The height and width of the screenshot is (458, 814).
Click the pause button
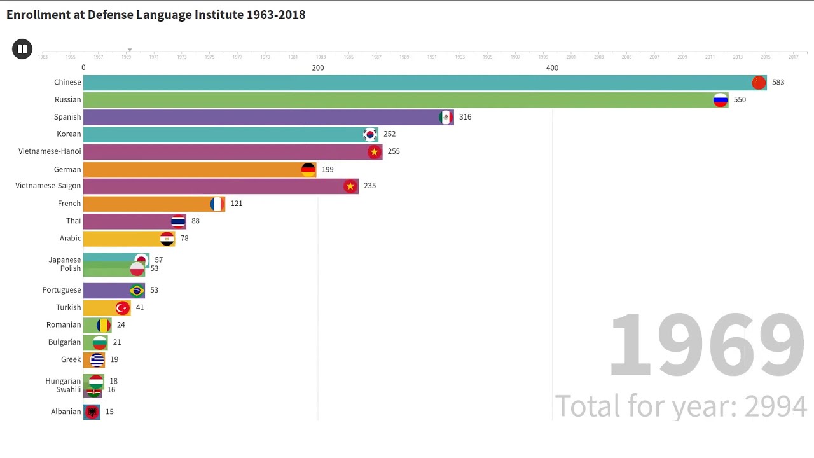pyautogui.click(x=22, y=49)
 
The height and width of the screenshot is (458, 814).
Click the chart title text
pyautogui.click(x=156, y=15)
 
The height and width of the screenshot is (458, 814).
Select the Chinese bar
pyautogui.click(x=413, y=83)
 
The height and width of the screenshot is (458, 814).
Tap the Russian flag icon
pyautogui.click(x=720, y=100)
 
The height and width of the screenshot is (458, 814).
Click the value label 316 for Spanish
pyautogui.click(x=465, y=117)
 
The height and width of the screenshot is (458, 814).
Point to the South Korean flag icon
pyautogui.click(x=370, y=134)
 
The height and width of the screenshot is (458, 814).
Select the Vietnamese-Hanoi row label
pyautogui.click(x=50, y=151)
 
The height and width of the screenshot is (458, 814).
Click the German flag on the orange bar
pyautogui.click(x=308, y=170)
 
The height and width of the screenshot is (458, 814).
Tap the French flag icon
pyautogui.click(x=217, y=204)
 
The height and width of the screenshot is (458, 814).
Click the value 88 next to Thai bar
pyautogui.click(x=195, y=221)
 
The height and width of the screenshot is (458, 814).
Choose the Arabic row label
pyautogui.click(x=70, y=239)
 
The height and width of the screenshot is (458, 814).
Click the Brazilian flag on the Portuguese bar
pyautogui.click(x=137, y=290)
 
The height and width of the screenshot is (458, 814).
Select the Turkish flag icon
pyautogui.click(x=122, y=308)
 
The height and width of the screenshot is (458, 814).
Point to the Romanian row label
pyautogui.click(x=64, y=325)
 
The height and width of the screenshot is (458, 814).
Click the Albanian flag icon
pyautogui.click(x=92, y=412)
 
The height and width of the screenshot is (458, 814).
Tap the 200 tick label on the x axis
pyautogui.click(x=317, y=68)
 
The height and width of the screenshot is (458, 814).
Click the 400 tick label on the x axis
pyautogui.click(x=552, y=68)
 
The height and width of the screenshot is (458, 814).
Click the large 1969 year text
pyautogui.click(x=706, y=345)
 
